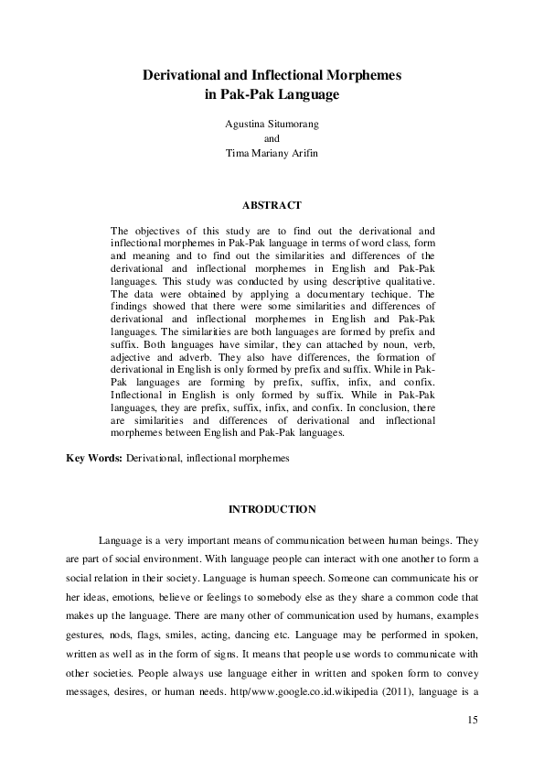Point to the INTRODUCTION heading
pyautogui.click(x=272, y=508)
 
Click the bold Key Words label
pyautogui.click(x=94, y=456)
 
